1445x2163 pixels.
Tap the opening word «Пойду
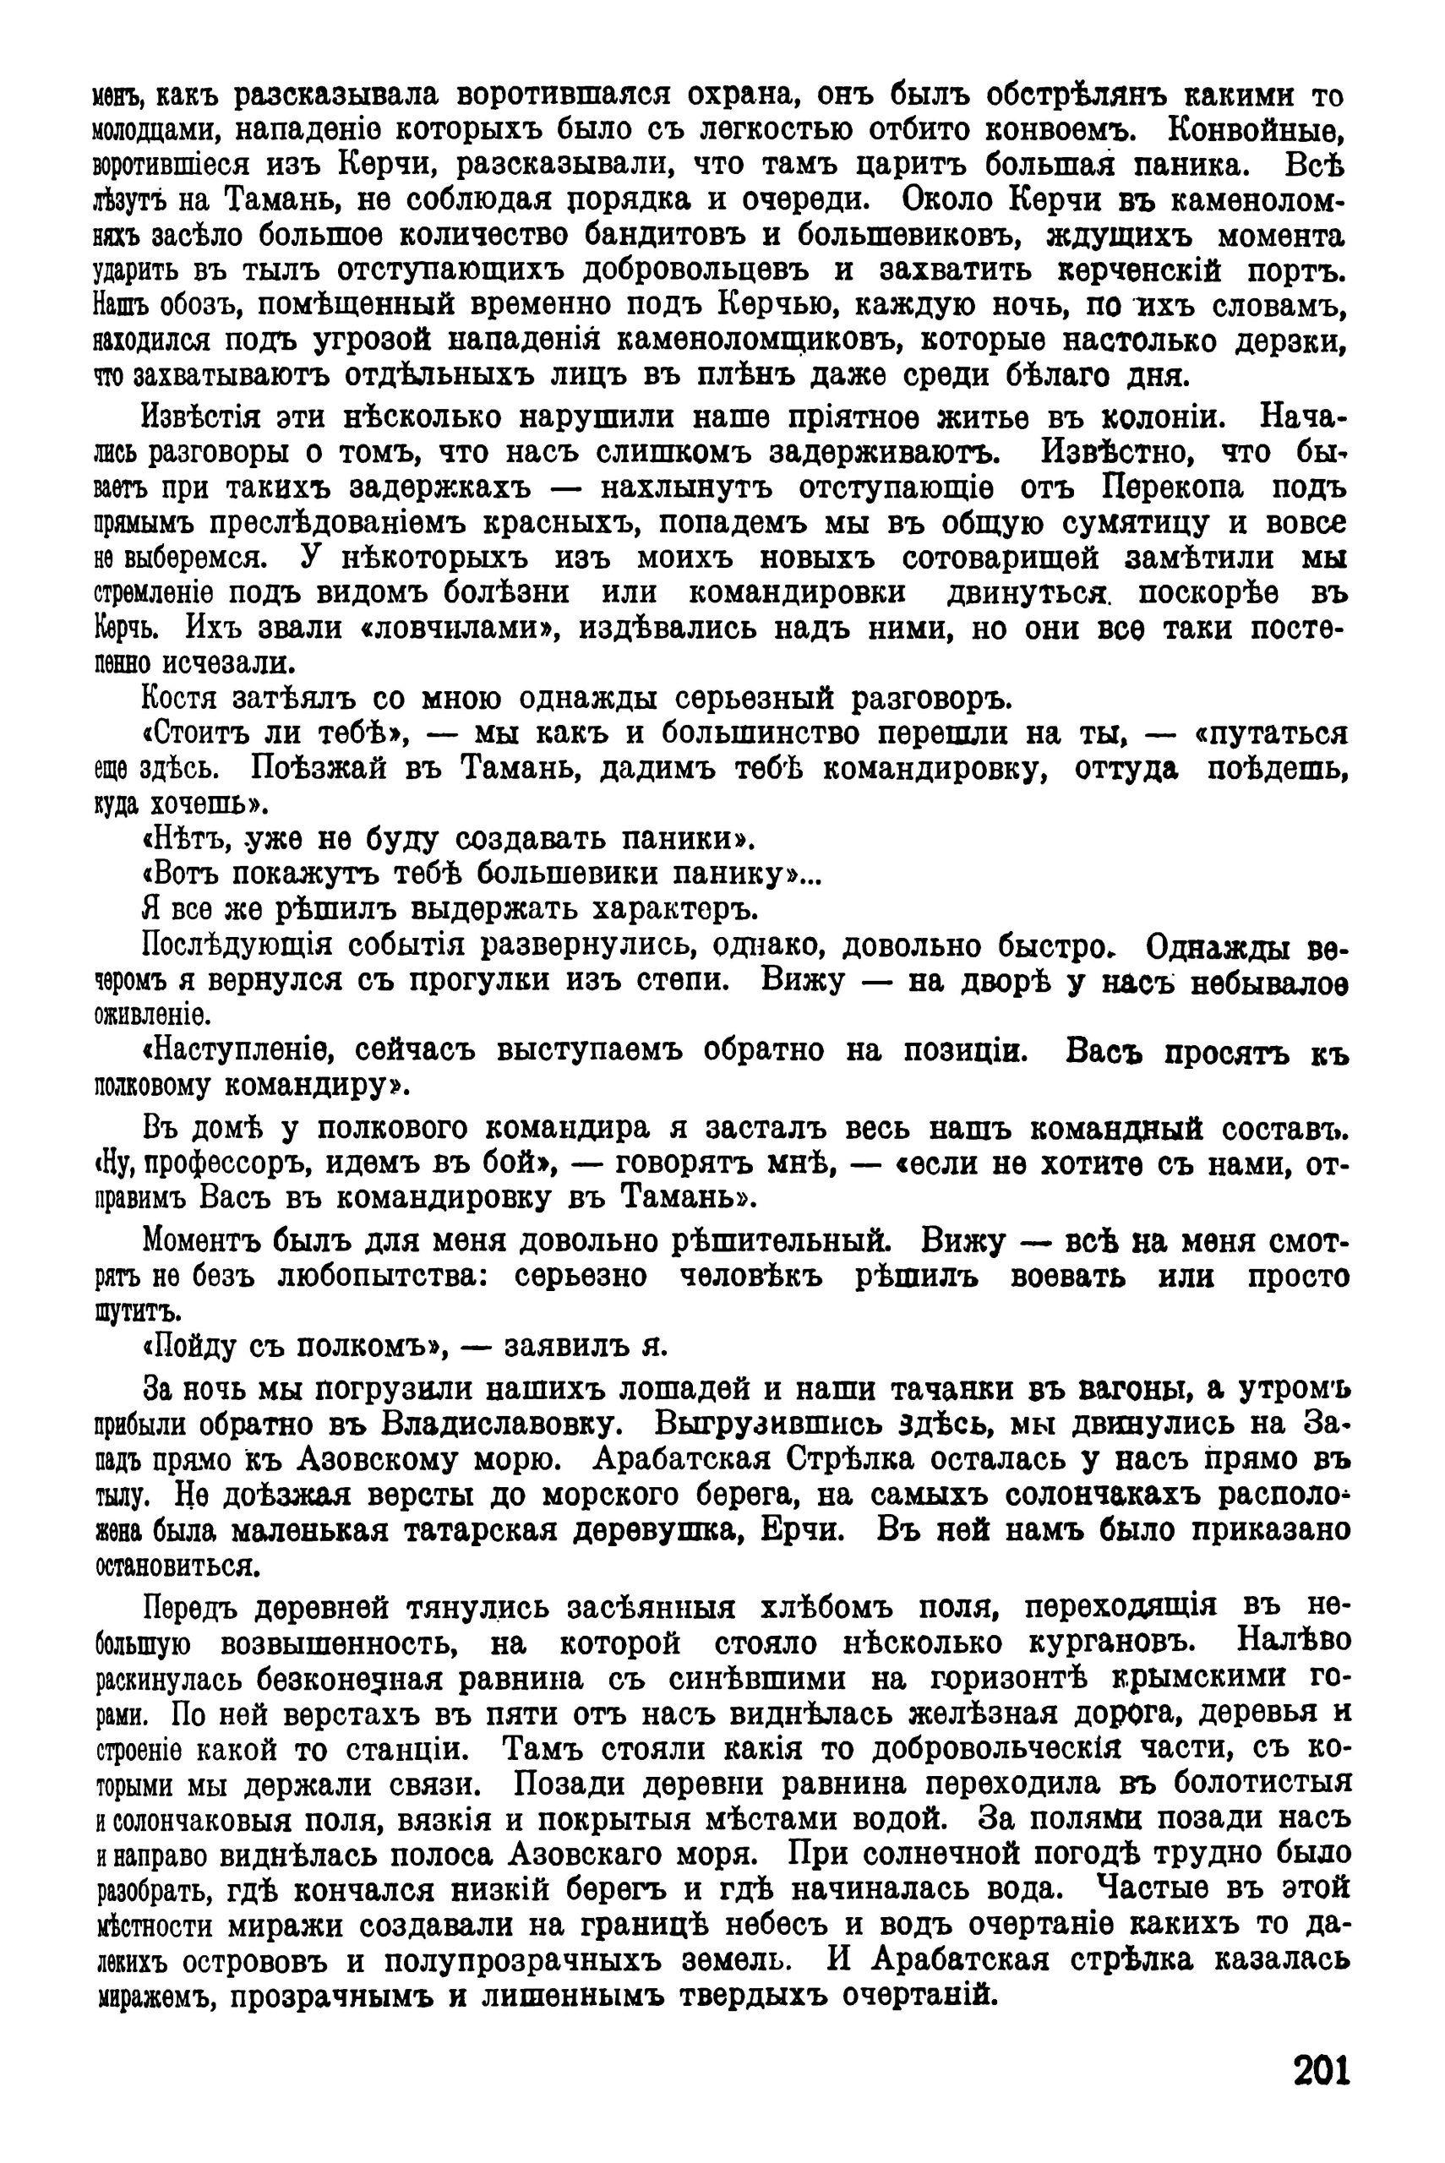192,1347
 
